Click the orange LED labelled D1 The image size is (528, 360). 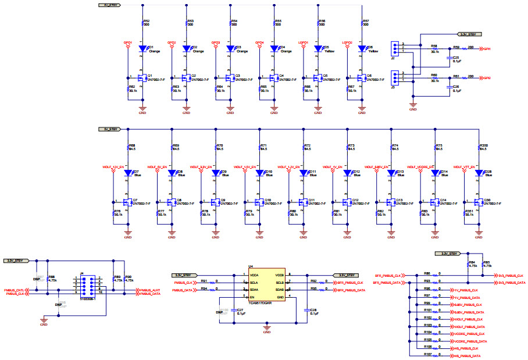pyautogui.click(x=142, y=49)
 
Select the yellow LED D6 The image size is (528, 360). pyautogui.click(x=362, y=49)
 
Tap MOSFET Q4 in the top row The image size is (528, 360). pyautogui.click(x=274, y=78)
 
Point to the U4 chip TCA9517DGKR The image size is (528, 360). pyautogui.click(x=267, y=287)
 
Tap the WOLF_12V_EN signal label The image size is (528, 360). pyautogui.click(x=114, y=167)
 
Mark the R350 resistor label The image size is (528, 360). pyautogui.click(x=483, y=146)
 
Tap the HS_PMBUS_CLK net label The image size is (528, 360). pyautogui.click(x=466, y=348)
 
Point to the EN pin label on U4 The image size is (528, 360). pyautogui.click(x=252, y=297)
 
